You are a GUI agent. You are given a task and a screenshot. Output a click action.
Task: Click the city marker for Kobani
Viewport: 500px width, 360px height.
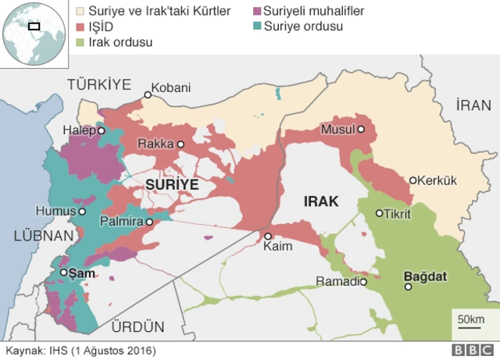(146, 95)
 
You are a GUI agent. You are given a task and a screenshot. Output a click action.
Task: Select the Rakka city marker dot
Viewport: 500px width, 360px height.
(180, 144)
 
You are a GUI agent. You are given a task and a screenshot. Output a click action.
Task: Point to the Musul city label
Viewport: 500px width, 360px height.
(337, 129)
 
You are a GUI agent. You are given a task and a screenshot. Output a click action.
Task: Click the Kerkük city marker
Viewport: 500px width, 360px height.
(413, 180)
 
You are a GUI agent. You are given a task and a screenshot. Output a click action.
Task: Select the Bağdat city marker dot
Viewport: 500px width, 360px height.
(408, 287)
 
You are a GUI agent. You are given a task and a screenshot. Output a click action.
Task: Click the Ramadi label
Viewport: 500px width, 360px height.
(337, 281)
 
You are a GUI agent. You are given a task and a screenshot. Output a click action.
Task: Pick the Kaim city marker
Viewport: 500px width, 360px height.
(267, 236)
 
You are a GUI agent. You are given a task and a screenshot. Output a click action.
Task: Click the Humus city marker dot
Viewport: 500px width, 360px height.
(80, 211)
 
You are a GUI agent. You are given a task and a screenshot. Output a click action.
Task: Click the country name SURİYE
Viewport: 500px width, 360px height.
(171, 184)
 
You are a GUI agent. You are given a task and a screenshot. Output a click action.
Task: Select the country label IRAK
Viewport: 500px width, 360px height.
(320, 201)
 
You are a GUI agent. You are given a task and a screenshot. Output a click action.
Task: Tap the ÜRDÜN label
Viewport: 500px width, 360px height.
(138, 326)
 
